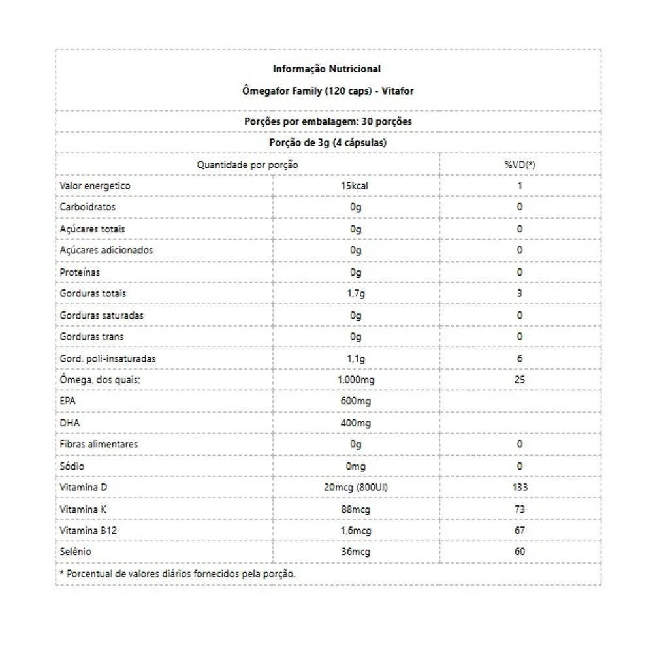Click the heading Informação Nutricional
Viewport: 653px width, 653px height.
(326, 69)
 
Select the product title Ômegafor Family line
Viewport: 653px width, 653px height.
(327, 91)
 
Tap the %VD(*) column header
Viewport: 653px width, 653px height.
(520, 165)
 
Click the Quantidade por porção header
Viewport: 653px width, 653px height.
(247, 165)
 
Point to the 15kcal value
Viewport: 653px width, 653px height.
(355, 186)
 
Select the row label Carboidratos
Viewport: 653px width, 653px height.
(88, 207)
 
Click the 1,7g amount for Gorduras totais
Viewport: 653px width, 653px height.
(355, 293)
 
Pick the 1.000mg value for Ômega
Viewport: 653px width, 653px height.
(355, 379)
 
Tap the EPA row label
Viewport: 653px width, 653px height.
(67, 401)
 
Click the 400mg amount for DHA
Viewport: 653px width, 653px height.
(355, 423)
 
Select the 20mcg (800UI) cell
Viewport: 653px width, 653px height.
(355, 487)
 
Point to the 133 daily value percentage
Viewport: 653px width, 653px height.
(520, 487)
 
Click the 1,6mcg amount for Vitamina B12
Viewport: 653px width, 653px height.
(355, 531)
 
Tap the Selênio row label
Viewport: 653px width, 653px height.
(75, 552)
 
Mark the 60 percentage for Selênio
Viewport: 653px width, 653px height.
(520, 552)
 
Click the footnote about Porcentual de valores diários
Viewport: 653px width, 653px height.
(178, 574)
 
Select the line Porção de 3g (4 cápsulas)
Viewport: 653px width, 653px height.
(327, 143)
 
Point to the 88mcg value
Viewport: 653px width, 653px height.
(355, 509)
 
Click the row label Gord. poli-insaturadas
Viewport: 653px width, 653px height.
(108, 358)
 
